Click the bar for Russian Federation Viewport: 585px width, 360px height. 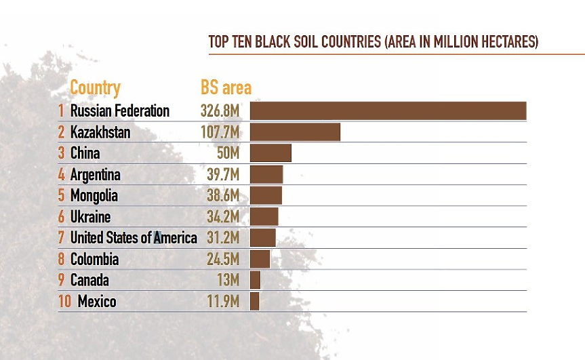tap(388, 111)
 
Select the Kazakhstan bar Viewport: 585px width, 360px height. tap(295, 132)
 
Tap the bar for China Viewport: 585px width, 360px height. tap(270, 153)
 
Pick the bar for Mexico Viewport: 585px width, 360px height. tap(255, 301)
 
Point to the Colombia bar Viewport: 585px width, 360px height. tap(260, 259)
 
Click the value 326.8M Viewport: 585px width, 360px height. tap(220, 111)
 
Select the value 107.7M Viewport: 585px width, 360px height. tap(220, 132)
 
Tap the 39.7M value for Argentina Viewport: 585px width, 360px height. tap(223, 174)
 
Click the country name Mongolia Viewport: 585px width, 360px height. tap(94, 195)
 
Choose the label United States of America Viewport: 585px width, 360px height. tap(134, 238)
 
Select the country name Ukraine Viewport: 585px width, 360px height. tap(90, 217)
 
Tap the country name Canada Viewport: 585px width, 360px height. tap(89, 280)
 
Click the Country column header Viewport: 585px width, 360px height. tap(95, 87)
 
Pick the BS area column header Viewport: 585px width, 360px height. tap(226, 87)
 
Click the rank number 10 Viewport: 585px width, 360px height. tap(65, 301)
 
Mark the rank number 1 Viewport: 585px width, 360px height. tap(61, 111)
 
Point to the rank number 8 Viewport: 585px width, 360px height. tap(61, 259)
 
